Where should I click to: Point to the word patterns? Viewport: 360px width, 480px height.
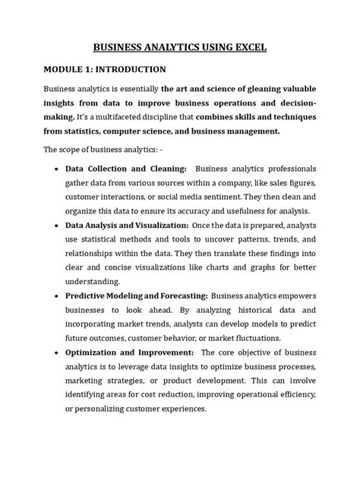point(223,240)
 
